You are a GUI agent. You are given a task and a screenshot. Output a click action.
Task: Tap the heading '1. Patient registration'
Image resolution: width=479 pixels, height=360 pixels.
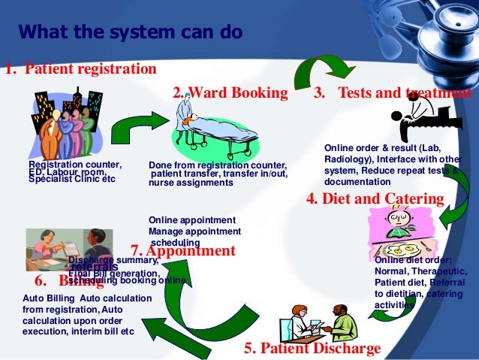(x=80, y=69)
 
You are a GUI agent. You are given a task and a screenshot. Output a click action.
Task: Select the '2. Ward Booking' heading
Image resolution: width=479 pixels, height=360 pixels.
(x=230, y=93)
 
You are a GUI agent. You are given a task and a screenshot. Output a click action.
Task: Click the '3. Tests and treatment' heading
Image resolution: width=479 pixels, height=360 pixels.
(x=392, y=93)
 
